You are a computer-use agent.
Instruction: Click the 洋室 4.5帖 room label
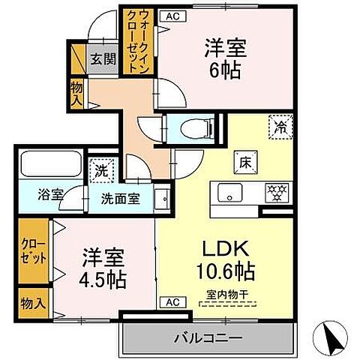click(103, 268)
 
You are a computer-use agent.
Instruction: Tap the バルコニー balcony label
click(209, 339)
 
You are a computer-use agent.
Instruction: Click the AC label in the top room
click(172, 15)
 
